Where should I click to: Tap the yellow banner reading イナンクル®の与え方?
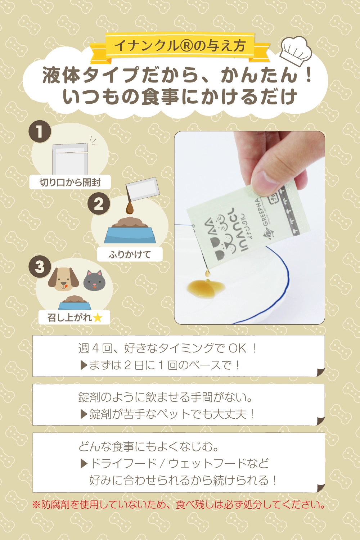(180, 45)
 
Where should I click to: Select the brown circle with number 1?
(40, 132)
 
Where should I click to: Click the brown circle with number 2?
(99, 204)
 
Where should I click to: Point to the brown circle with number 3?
(40, 267)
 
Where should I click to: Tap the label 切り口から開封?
(70, 183)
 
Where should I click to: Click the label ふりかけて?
(130, 254)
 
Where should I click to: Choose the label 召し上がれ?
(70, 318)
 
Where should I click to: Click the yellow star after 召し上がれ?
(98, 318)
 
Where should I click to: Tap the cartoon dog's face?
(63, 279)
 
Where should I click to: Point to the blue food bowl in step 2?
(130, 235)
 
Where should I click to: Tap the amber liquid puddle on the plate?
(206, 288)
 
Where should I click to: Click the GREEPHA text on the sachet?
(262, 212)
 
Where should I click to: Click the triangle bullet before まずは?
(84, 365)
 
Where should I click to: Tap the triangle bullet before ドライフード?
(84, 463)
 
